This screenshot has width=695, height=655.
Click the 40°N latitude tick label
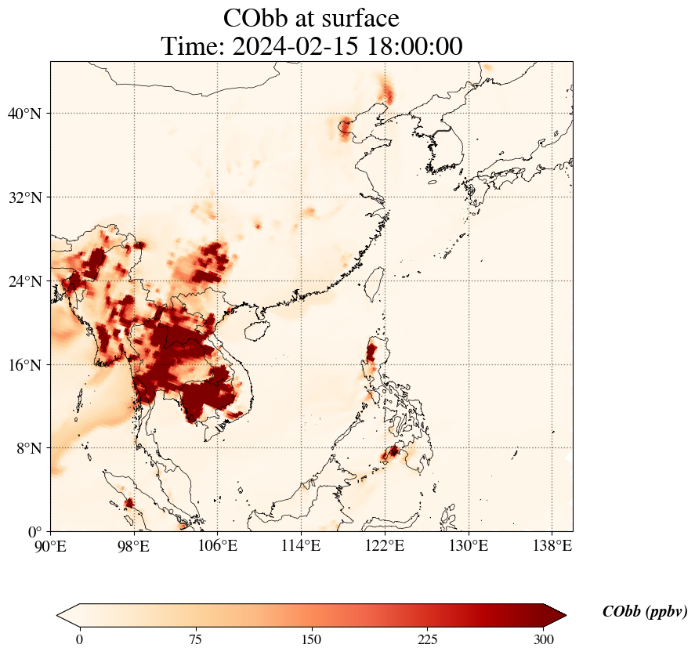coord(24,114)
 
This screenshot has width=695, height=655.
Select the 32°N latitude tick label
coord(24,197)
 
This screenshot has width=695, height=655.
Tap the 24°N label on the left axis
coord(24,281)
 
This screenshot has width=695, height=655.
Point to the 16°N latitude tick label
coord(24,365)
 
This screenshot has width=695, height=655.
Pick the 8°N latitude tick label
coord(27,448)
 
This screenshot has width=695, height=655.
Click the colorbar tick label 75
coord(195,639)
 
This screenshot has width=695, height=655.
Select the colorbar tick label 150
coord(312,639)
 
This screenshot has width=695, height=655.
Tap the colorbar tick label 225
coord(428,639)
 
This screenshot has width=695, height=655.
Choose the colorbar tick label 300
coord(544,639)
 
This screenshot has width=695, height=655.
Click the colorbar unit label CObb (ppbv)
coord(645,612)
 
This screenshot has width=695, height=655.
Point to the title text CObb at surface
coord(311,18)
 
